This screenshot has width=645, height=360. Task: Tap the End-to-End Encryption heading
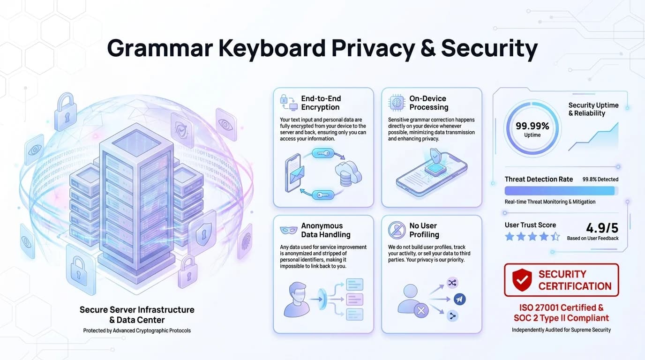click(321, 103)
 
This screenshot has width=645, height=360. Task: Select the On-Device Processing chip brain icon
click(397, 102)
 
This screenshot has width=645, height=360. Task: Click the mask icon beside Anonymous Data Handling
click(288, 230)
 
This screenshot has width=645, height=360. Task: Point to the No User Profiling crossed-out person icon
click(397, 230)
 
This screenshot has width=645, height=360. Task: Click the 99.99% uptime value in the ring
click(532, 126)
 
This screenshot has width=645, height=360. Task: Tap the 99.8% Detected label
click(600, 180)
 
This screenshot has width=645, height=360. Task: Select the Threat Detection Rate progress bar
click(561, 191)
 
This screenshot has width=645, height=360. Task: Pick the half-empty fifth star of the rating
click(555, 237)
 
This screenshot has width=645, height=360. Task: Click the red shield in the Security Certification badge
click(522, 280)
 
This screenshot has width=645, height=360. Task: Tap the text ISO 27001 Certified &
click(561, 308)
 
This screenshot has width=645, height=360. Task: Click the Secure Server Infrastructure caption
click(137, 315)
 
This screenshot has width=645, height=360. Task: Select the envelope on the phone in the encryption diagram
click(296, 174)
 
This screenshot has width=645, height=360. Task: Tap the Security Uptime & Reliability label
click(593, 109)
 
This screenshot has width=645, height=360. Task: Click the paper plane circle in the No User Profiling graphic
click(459, 299)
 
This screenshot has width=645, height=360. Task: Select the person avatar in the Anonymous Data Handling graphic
click(297, 299)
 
